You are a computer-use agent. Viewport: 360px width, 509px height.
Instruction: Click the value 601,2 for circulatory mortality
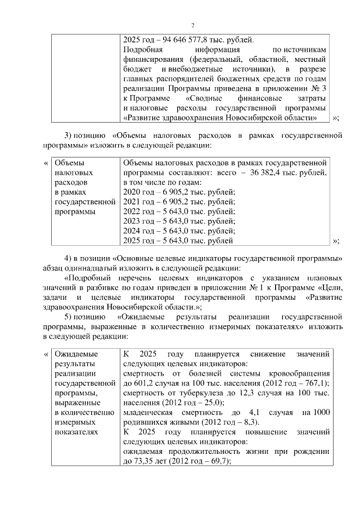pyautogui.click(x=142, y=384)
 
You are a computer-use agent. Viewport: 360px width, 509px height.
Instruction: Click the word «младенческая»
pyautogui.click(x=148, y=413)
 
